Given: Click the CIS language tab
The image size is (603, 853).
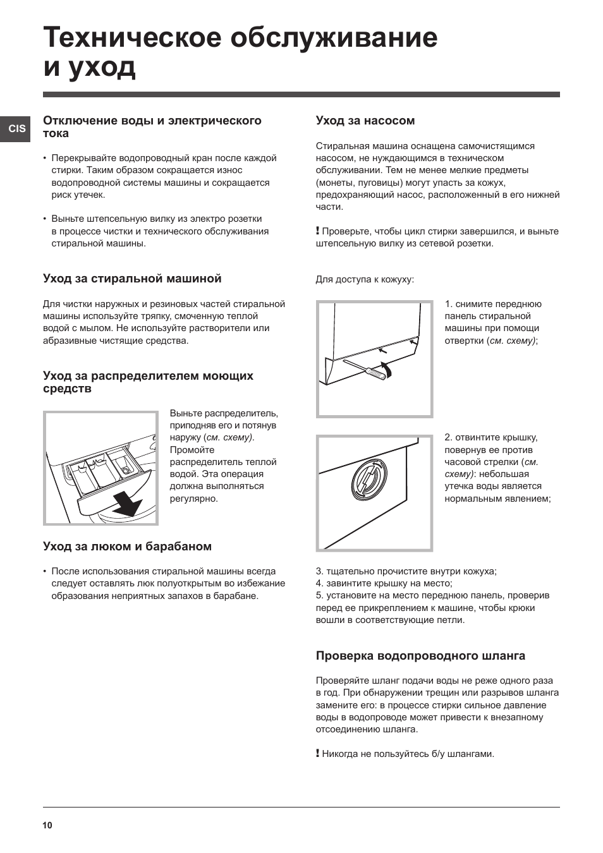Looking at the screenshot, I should click(17, 128).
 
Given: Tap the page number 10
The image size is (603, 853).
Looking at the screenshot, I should click(48, 825).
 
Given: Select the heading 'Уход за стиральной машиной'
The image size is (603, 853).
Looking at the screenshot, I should click(132, 279).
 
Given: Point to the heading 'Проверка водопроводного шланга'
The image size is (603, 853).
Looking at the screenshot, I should click(420, 656).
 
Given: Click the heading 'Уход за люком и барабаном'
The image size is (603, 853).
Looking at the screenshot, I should click(127, 547).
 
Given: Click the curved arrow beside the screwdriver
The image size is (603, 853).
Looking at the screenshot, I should click(387, 370).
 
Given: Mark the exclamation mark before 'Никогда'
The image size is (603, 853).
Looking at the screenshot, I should click(318, 753).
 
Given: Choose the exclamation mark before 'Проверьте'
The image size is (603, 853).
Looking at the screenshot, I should click(318, 231).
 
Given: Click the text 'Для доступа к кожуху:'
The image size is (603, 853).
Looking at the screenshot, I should click(365, 279).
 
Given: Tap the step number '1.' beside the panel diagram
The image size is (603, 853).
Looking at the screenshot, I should click(448, 304).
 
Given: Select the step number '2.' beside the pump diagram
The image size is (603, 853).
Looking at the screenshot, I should click(448, 437).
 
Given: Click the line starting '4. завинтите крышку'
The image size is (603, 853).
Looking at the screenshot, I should click(384, 583).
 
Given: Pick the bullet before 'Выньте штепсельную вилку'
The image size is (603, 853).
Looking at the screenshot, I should click(45, 219).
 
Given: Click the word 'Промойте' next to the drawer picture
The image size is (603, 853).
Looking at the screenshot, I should click(192, 450).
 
